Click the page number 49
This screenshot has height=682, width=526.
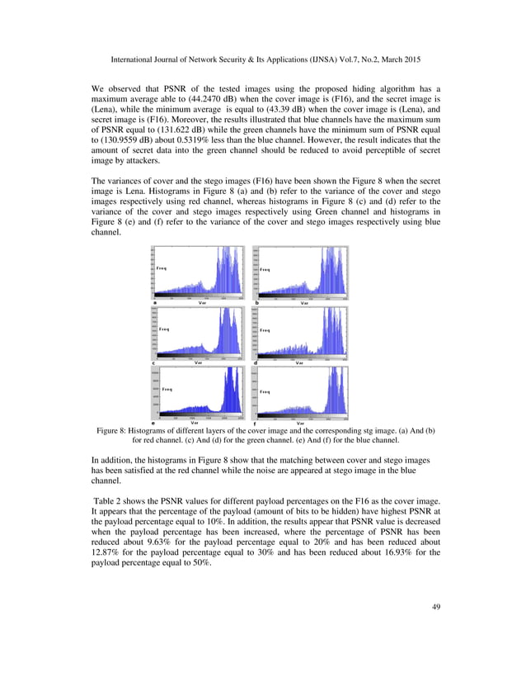click(x=435, y=608)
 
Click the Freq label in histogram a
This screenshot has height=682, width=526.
click(x=162, y=269)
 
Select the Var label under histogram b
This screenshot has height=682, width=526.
click(x=304, y=303)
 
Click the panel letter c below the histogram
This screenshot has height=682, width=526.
click(x=154, y=362)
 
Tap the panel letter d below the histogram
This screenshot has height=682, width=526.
click(x=256, y=362)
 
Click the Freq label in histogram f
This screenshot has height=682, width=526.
click(x=265, y=391)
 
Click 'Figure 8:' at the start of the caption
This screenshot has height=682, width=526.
click(x=115, y=431)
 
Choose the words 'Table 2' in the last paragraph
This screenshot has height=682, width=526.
click(x=109, y=502)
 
